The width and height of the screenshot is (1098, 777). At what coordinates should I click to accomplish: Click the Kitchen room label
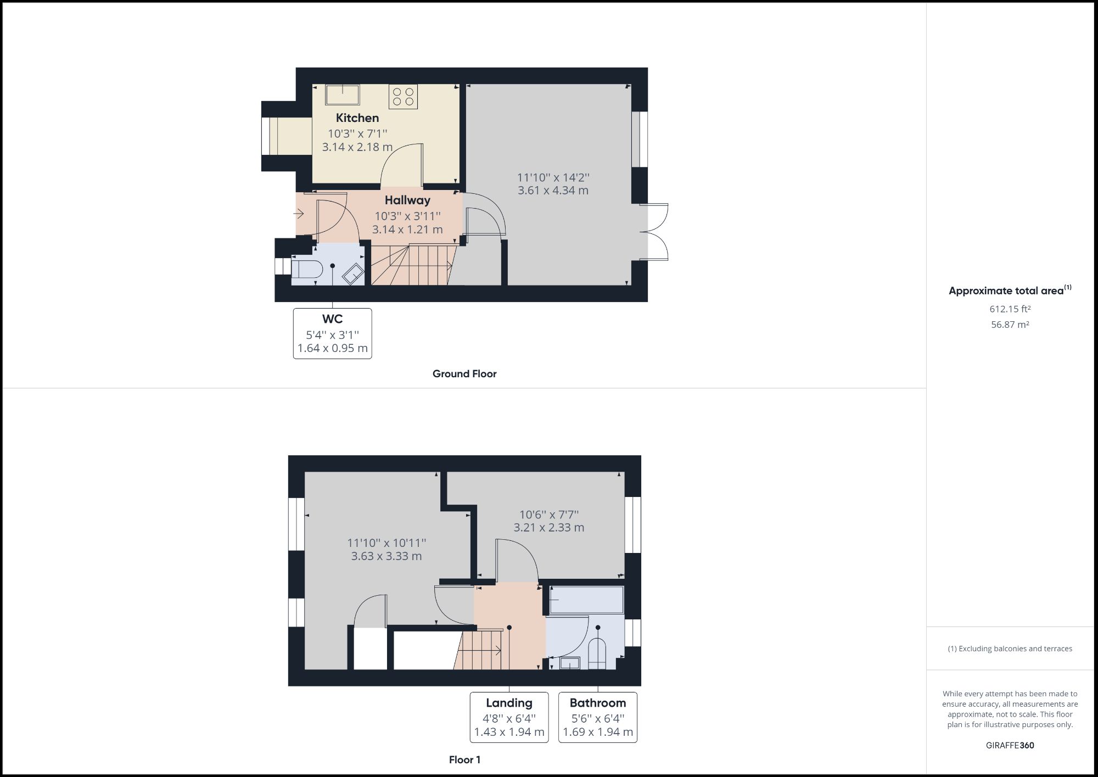click(357, 118)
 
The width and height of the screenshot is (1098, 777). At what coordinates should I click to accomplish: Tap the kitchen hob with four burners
click(403, 97)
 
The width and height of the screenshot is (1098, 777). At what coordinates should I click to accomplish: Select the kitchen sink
click(342, 94)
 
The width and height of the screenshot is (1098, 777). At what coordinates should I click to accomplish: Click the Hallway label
click(407, 200)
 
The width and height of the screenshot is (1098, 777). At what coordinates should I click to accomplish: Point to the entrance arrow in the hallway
click(300, 213)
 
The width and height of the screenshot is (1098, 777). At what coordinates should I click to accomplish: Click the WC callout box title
click(332, 319)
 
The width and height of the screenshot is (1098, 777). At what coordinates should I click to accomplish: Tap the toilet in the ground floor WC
click(306, 271)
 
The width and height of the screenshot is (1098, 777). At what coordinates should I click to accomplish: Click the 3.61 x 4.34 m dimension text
click(553, 191)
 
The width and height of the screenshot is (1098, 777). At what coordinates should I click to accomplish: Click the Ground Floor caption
click(464, 374)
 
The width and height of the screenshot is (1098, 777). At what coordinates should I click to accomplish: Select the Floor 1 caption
click(464, 760)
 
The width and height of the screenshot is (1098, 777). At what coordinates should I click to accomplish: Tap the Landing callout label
click(509, 703)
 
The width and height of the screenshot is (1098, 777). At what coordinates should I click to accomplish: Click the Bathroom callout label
click(597, 703)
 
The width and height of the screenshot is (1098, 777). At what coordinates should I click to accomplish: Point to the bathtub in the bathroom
click(587, 600)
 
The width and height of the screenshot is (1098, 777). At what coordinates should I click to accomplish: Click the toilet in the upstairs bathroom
click(597, 653)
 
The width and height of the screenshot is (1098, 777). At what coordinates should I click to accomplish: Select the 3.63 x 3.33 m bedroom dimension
click(386, 556)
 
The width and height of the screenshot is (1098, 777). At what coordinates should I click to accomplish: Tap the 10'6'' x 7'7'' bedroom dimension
click(549, 515)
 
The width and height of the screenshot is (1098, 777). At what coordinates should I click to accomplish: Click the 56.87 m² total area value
click(1010, 325)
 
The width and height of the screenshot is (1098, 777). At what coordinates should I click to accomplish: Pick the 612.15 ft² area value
click(1010, 309)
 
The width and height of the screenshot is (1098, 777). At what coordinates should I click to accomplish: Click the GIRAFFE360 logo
click(1010, 745)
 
